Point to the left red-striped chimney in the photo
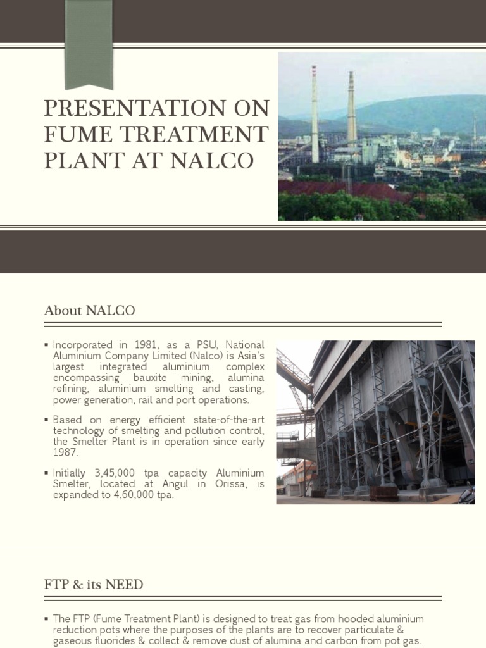(x=315, y=114)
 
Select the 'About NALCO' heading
(x=89, y=311)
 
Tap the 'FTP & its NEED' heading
(x=94, y=585)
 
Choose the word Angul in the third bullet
(x=173, y=484)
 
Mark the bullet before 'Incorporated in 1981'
(x=47, y=345)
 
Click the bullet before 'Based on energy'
(x=47, y=420)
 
